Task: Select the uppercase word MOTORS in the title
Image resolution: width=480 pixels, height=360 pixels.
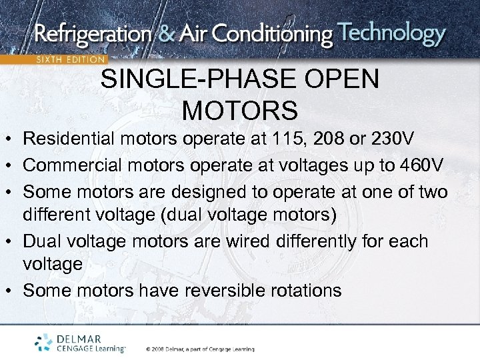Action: tap(240, 110)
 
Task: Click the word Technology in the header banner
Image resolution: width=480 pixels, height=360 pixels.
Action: tap(391, 33)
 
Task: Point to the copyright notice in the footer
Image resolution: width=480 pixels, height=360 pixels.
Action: tap(199, 349)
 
